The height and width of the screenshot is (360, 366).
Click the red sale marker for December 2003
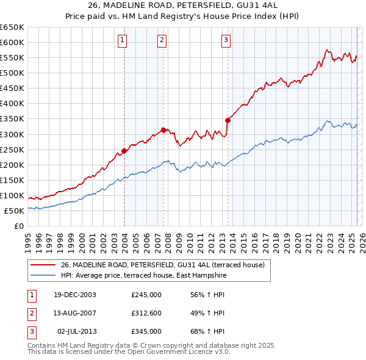pos(124,151)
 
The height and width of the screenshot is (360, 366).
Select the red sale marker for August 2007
pos(163,130)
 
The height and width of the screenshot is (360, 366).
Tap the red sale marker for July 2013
pos(227,120)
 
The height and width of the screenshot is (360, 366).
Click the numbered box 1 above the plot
pos(123,41)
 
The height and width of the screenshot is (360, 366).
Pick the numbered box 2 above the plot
pos(162,41)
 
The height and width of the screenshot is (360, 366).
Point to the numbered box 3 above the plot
pos(226,41)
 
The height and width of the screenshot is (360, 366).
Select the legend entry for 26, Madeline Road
pos(162,265)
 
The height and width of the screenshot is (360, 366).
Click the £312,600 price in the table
pos(146,313)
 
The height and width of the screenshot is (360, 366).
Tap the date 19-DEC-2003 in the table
pos(74,295)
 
